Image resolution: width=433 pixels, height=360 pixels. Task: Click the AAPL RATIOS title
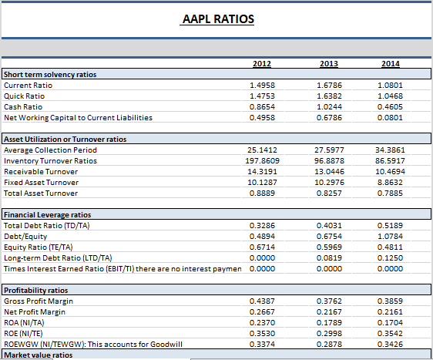[218, 19]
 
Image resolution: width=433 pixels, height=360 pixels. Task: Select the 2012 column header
[262, 63]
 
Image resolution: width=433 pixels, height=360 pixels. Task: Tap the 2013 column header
[329, 63]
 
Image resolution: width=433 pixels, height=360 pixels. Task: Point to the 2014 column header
[391, 63]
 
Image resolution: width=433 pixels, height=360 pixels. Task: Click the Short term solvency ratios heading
[50, 75]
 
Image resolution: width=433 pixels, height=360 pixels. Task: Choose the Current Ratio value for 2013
[329, 85]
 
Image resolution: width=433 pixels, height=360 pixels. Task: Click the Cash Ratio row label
[23, 107]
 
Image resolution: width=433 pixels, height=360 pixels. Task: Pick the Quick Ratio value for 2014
[390, 96]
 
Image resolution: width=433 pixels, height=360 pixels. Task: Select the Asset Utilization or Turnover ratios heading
[65, 140]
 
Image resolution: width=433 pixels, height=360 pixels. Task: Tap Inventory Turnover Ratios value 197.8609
[262, 161]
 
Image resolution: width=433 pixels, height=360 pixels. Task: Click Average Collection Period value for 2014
[390, 150]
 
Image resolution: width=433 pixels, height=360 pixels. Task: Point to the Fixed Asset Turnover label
[41, 183]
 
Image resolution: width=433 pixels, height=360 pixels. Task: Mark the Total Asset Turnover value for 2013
[329, 193]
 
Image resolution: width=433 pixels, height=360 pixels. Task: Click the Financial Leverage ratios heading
[48, 215]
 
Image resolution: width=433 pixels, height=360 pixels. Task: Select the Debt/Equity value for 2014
[390, 236]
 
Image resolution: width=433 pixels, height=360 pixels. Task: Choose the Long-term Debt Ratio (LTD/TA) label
[58, 258]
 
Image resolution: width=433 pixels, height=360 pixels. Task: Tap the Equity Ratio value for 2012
[262, 247]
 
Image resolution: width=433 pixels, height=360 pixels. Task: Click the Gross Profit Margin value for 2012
[262, 301]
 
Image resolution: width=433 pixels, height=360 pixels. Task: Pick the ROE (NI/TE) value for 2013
[329, 333]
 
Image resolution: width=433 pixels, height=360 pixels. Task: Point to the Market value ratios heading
[39, 355]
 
